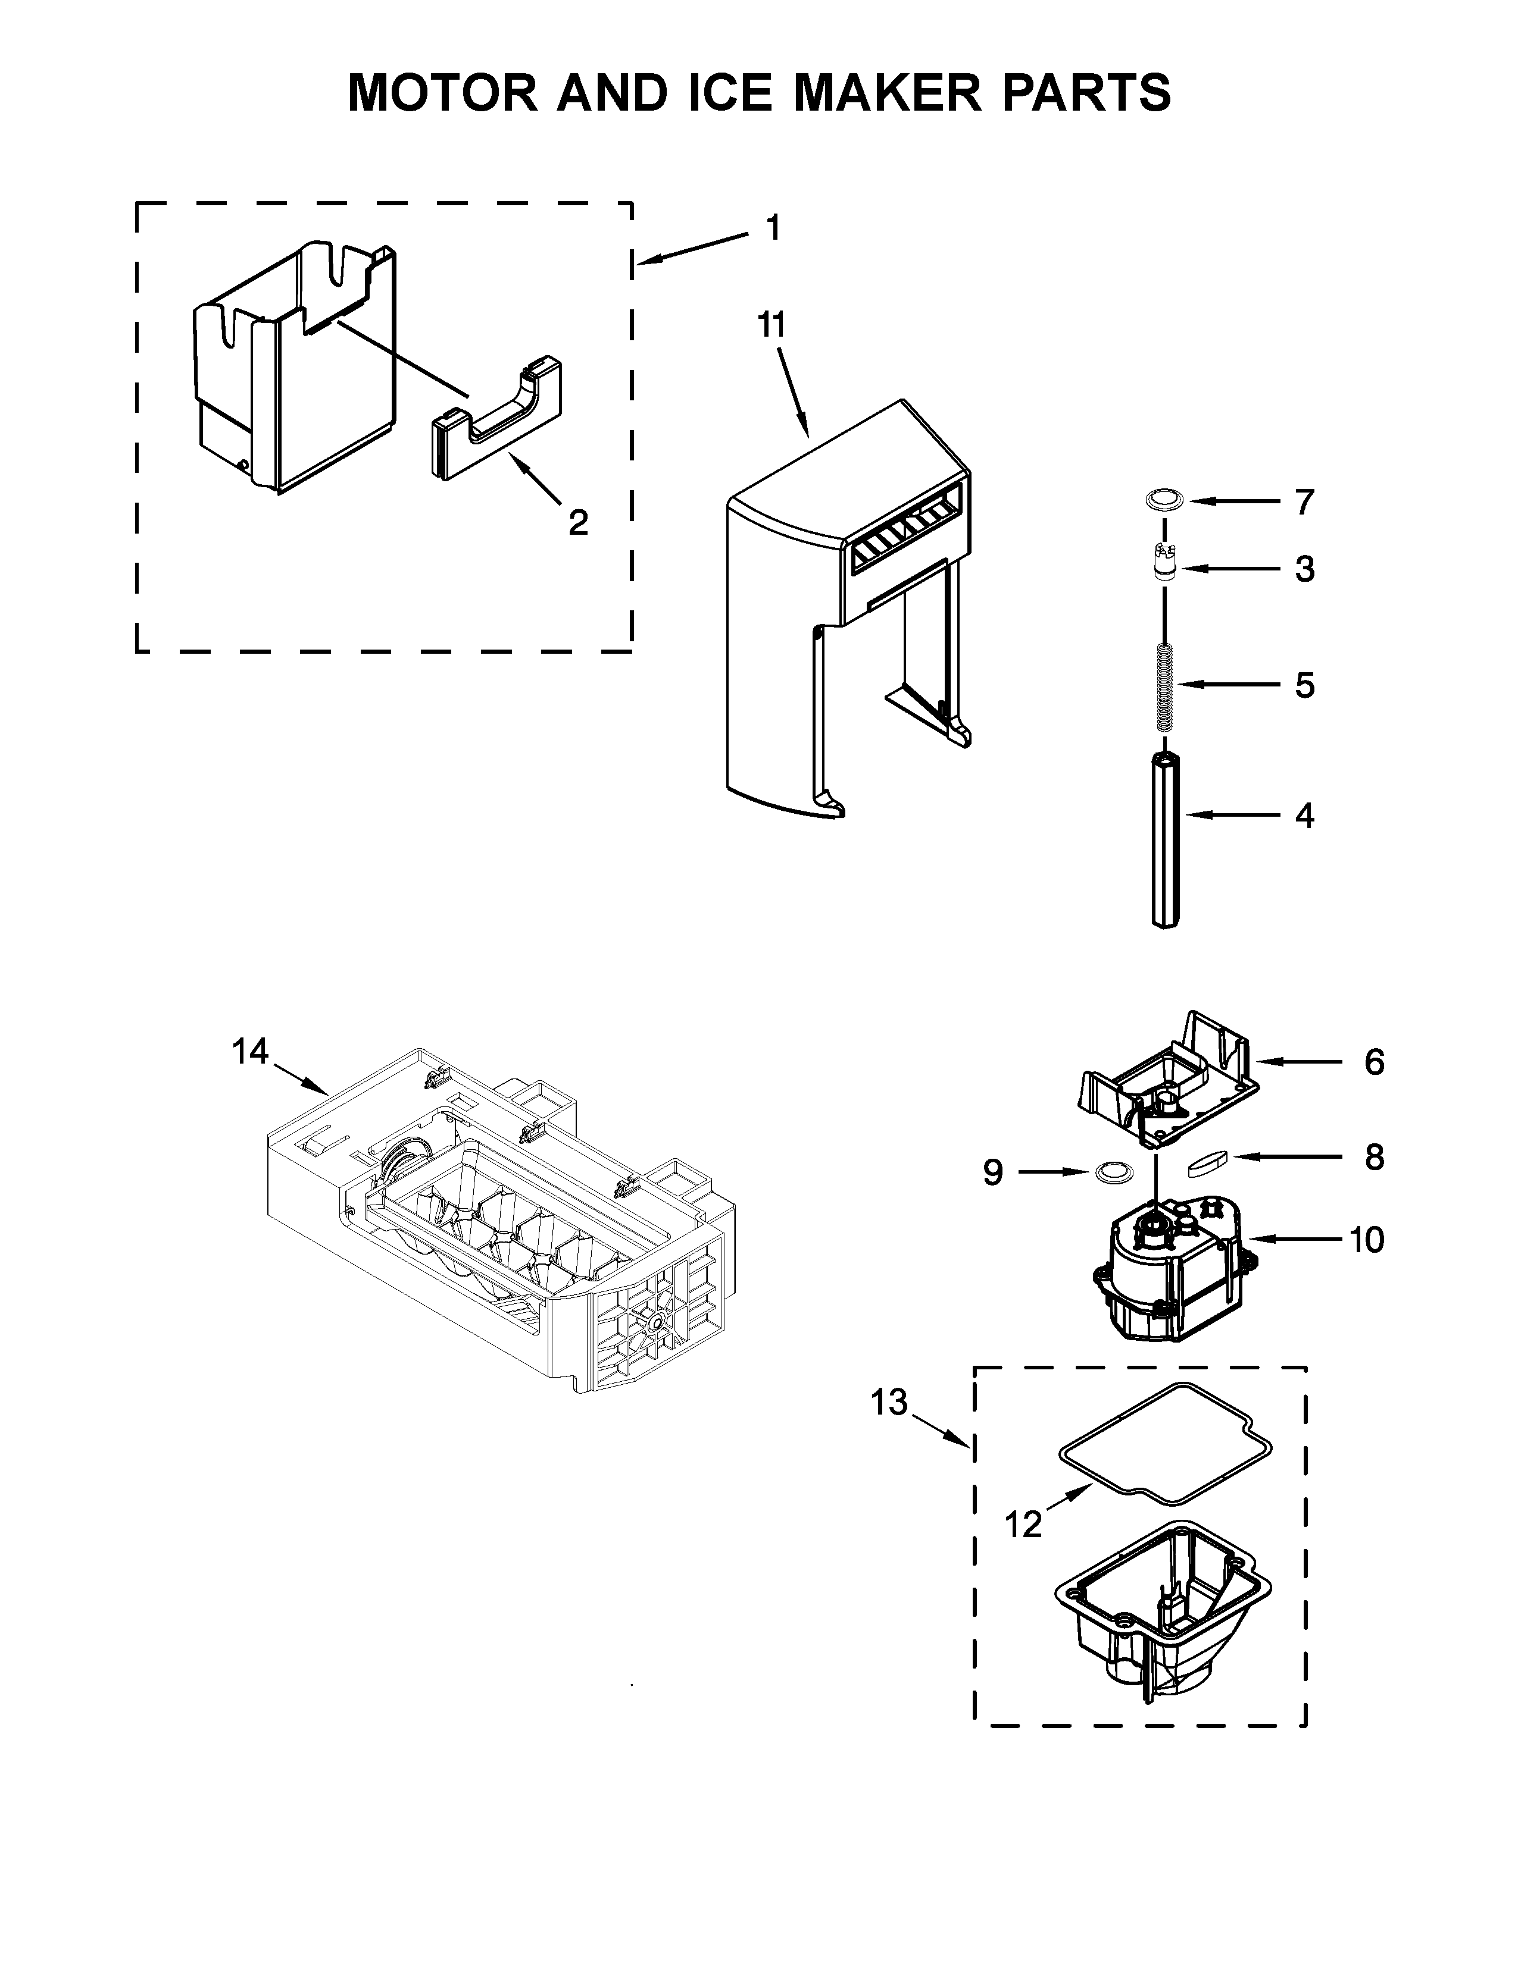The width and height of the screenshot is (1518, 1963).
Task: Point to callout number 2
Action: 578,521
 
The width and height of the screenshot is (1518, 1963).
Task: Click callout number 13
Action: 889,1401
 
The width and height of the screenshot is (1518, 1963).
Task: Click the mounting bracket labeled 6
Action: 1169,1087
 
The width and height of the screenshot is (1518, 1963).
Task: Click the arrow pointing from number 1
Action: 692,248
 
